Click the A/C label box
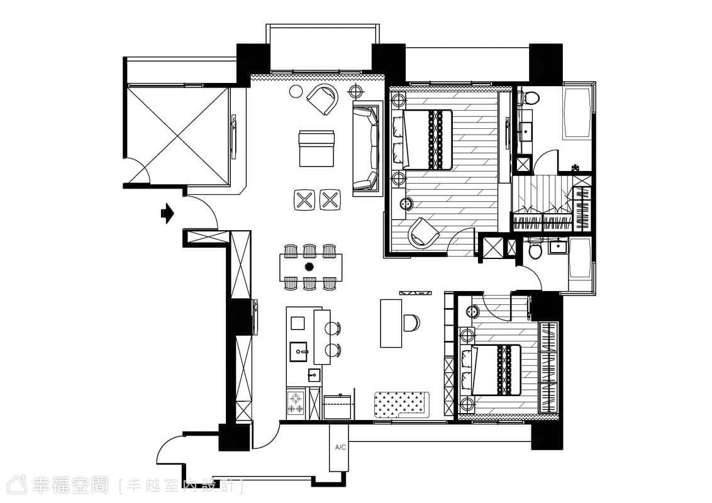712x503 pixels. [x=340, y=447]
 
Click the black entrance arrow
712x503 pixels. [x=167, y=213]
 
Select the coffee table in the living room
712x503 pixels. [x=316, y=149]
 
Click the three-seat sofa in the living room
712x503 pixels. [x=366, y=148]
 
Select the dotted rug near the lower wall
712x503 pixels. [x=401, y=404]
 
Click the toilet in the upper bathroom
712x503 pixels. [x=530, y=96]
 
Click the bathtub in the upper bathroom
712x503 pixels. [x=577, y=114]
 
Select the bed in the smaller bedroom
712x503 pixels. [x=491, y=370]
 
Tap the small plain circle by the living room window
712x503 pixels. [x=295, y=91]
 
